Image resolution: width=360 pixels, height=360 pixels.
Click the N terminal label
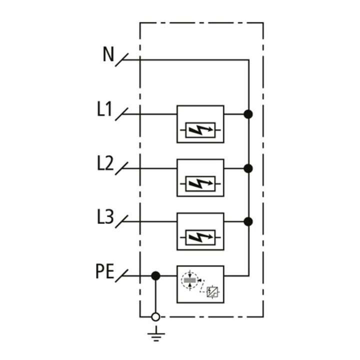tap(108, 54)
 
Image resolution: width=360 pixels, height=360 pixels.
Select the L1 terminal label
tap(104, 109)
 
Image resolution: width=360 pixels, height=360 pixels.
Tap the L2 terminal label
tap(105, 163)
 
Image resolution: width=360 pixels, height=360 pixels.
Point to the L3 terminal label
tap(105, 216)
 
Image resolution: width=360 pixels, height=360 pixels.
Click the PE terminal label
tap(104, 271)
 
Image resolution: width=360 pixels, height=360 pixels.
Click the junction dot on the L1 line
tap(248, 114)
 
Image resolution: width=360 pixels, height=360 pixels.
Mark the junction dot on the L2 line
tap(248, 168)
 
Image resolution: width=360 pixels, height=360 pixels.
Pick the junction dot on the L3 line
tap(248, 221)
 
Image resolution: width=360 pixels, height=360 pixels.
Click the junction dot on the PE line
tap(155, 275)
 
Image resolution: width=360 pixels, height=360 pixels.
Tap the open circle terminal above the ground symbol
tap(155, 317)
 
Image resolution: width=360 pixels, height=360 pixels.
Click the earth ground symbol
tap(156, 334)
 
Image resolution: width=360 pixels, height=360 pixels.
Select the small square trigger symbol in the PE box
tap(212, 292)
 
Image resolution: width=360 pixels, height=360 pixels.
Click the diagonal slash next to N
tap(121, 60)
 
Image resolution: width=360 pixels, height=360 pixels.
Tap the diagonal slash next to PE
tap(121, 275)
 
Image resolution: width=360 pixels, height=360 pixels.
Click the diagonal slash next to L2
tap(121, 168)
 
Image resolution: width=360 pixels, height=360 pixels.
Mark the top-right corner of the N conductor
tap(248, 60)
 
